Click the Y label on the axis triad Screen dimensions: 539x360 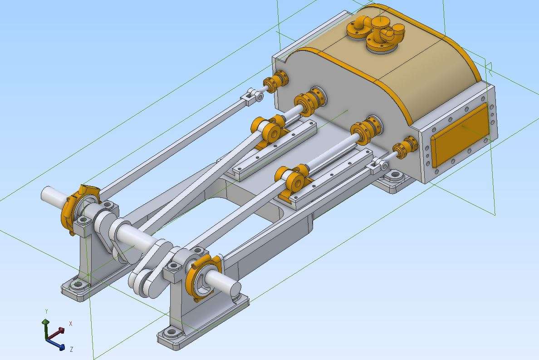46,311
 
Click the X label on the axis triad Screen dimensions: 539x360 70,324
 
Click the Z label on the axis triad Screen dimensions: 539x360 71,350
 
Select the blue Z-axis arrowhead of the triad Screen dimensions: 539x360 62,347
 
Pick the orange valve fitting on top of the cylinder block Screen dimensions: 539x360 375,33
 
